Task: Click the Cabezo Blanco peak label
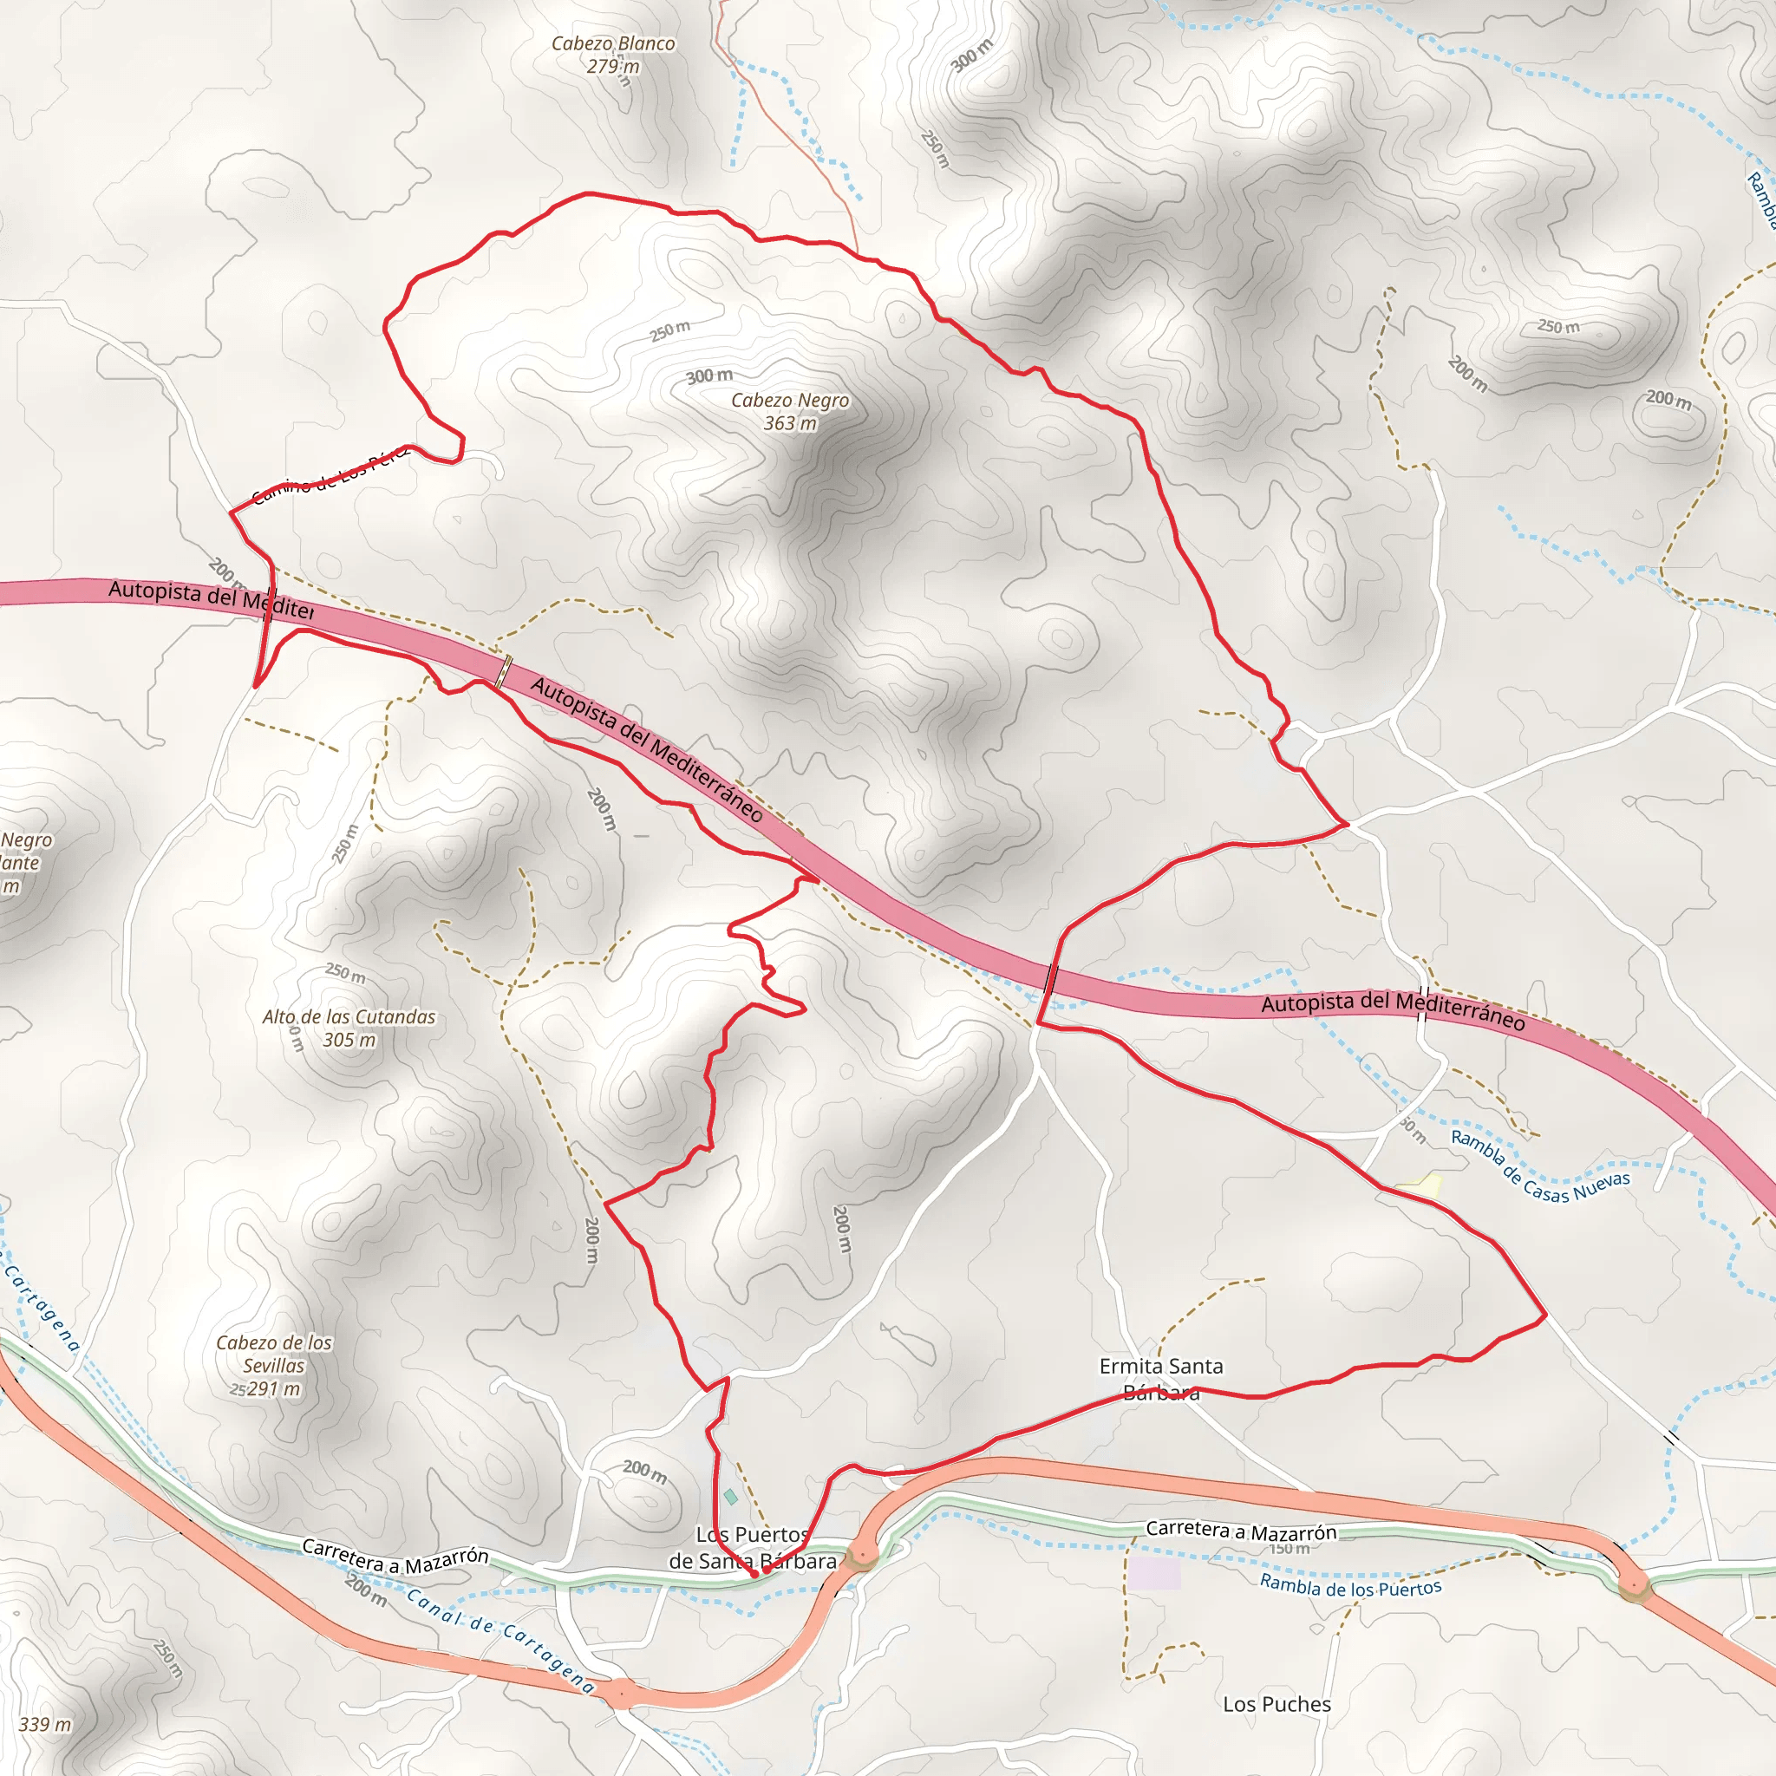[x=612, y=55]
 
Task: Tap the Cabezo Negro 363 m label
[x=790, y=411]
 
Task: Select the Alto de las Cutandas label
[x=349, y=1028]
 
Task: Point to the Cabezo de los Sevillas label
[x=273, y=1365]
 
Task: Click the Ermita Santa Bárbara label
[x=1161, y=1379]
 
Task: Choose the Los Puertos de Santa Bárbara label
[x=753, y=1547]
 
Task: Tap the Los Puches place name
[x=1276, y=1704]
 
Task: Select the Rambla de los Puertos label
[x=1349, y=1586]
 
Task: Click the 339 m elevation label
[x=45, y=1725]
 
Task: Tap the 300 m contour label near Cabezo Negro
[x=709, y=376]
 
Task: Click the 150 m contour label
[x=1289, y=1549]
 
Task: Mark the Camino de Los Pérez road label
[x=329, y=476]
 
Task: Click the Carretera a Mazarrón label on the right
[x=1240, y=1531]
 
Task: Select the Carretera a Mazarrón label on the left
[x=395, y=1558]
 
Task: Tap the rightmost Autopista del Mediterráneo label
[x=1392, y=1009]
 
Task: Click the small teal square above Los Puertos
[x=731, y=1498]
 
